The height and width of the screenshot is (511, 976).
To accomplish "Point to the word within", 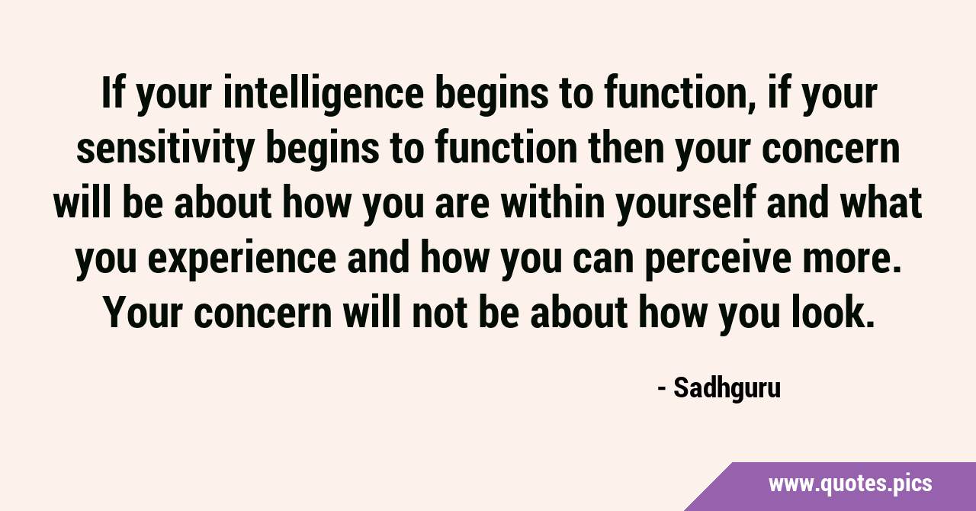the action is pyautogui.click(x=553, y=202).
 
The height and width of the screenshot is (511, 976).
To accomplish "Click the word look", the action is pyautogui.click(x=833, y=312).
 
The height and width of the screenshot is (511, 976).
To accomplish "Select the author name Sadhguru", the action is pyautogui.click(x=727, y=388).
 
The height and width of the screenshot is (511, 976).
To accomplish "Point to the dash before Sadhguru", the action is pyautogui.click(x=662, y=388).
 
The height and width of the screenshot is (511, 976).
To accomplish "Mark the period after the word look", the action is pyautogui.click(x=870, y=324).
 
